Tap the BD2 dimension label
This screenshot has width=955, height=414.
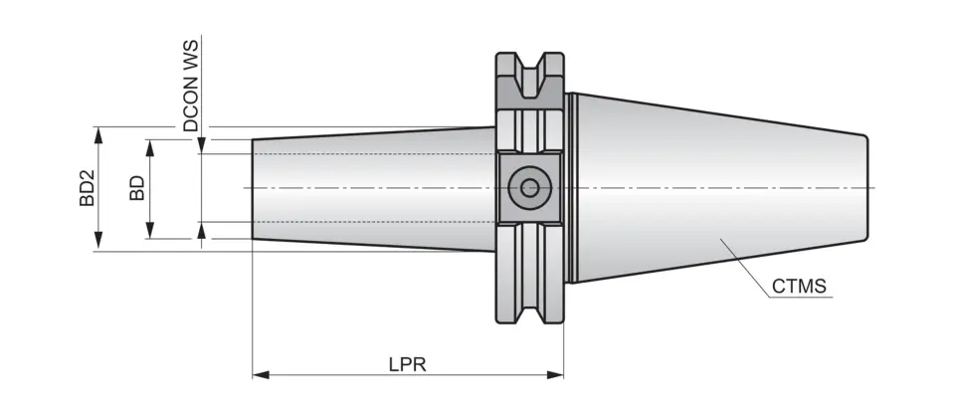[x=88, y=188]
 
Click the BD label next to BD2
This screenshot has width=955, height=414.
[x=137, y=188]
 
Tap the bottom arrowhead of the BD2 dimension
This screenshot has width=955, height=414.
[x=97, y=244]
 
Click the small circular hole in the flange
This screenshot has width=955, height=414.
[x=528, y=187]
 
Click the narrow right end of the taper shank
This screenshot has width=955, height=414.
[x=867, y=187]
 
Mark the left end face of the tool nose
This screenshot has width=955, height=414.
[x=253, y=188]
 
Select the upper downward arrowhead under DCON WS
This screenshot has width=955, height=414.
[x=202, y=147]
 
